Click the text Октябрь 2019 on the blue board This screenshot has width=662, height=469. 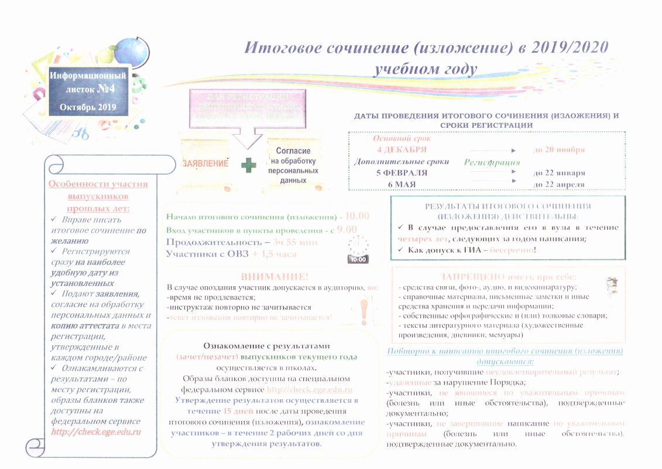[x=88, y=107]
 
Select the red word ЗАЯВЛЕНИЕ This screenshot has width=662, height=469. [x=205, y=164]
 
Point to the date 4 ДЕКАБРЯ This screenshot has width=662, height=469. [x=402, y=150]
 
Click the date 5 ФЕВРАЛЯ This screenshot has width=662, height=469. [x=402, y=173]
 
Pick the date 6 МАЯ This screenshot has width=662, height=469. [x=401, y=184]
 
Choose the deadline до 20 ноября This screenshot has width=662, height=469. [x=558, y=150]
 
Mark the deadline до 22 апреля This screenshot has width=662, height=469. [x=558, y=184]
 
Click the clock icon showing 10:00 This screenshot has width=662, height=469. [x=358, y=251]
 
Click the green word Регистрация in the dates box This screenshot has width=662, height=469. [x=492, y=162]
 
